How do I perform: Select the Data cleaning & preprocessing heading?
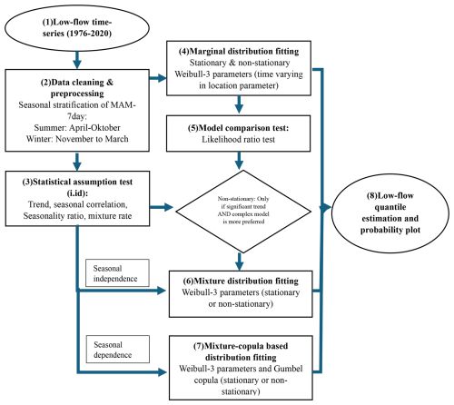point(77,88)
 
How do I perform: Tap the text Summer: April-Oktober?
point(77,128)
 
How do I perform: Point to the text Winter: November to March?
point(77,139)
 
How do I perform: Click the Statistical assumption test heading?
point(77,187)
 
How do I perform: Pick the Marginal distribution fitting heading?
point(239,52)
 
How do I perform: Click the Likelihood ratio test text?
point(239,140)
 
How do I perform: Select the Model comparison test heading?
point(239,128)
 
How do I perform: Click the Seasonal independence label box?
point(117,272)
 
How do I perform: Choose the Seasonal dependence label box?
point(117,349)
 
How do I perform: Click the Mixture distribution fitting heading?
point(241,282)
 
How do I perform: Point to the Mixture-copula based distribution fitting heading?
point(241,351)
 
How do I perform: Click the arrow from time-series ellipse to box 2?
point(77,60)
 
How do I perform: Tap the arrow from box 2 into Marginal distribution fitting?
point(158,78)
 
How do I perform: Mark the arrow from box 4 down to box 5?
point(239,104)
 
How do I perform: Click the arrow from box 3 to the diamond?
point(162,207)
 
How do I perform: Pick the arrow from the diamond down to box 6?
point(240,262)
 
